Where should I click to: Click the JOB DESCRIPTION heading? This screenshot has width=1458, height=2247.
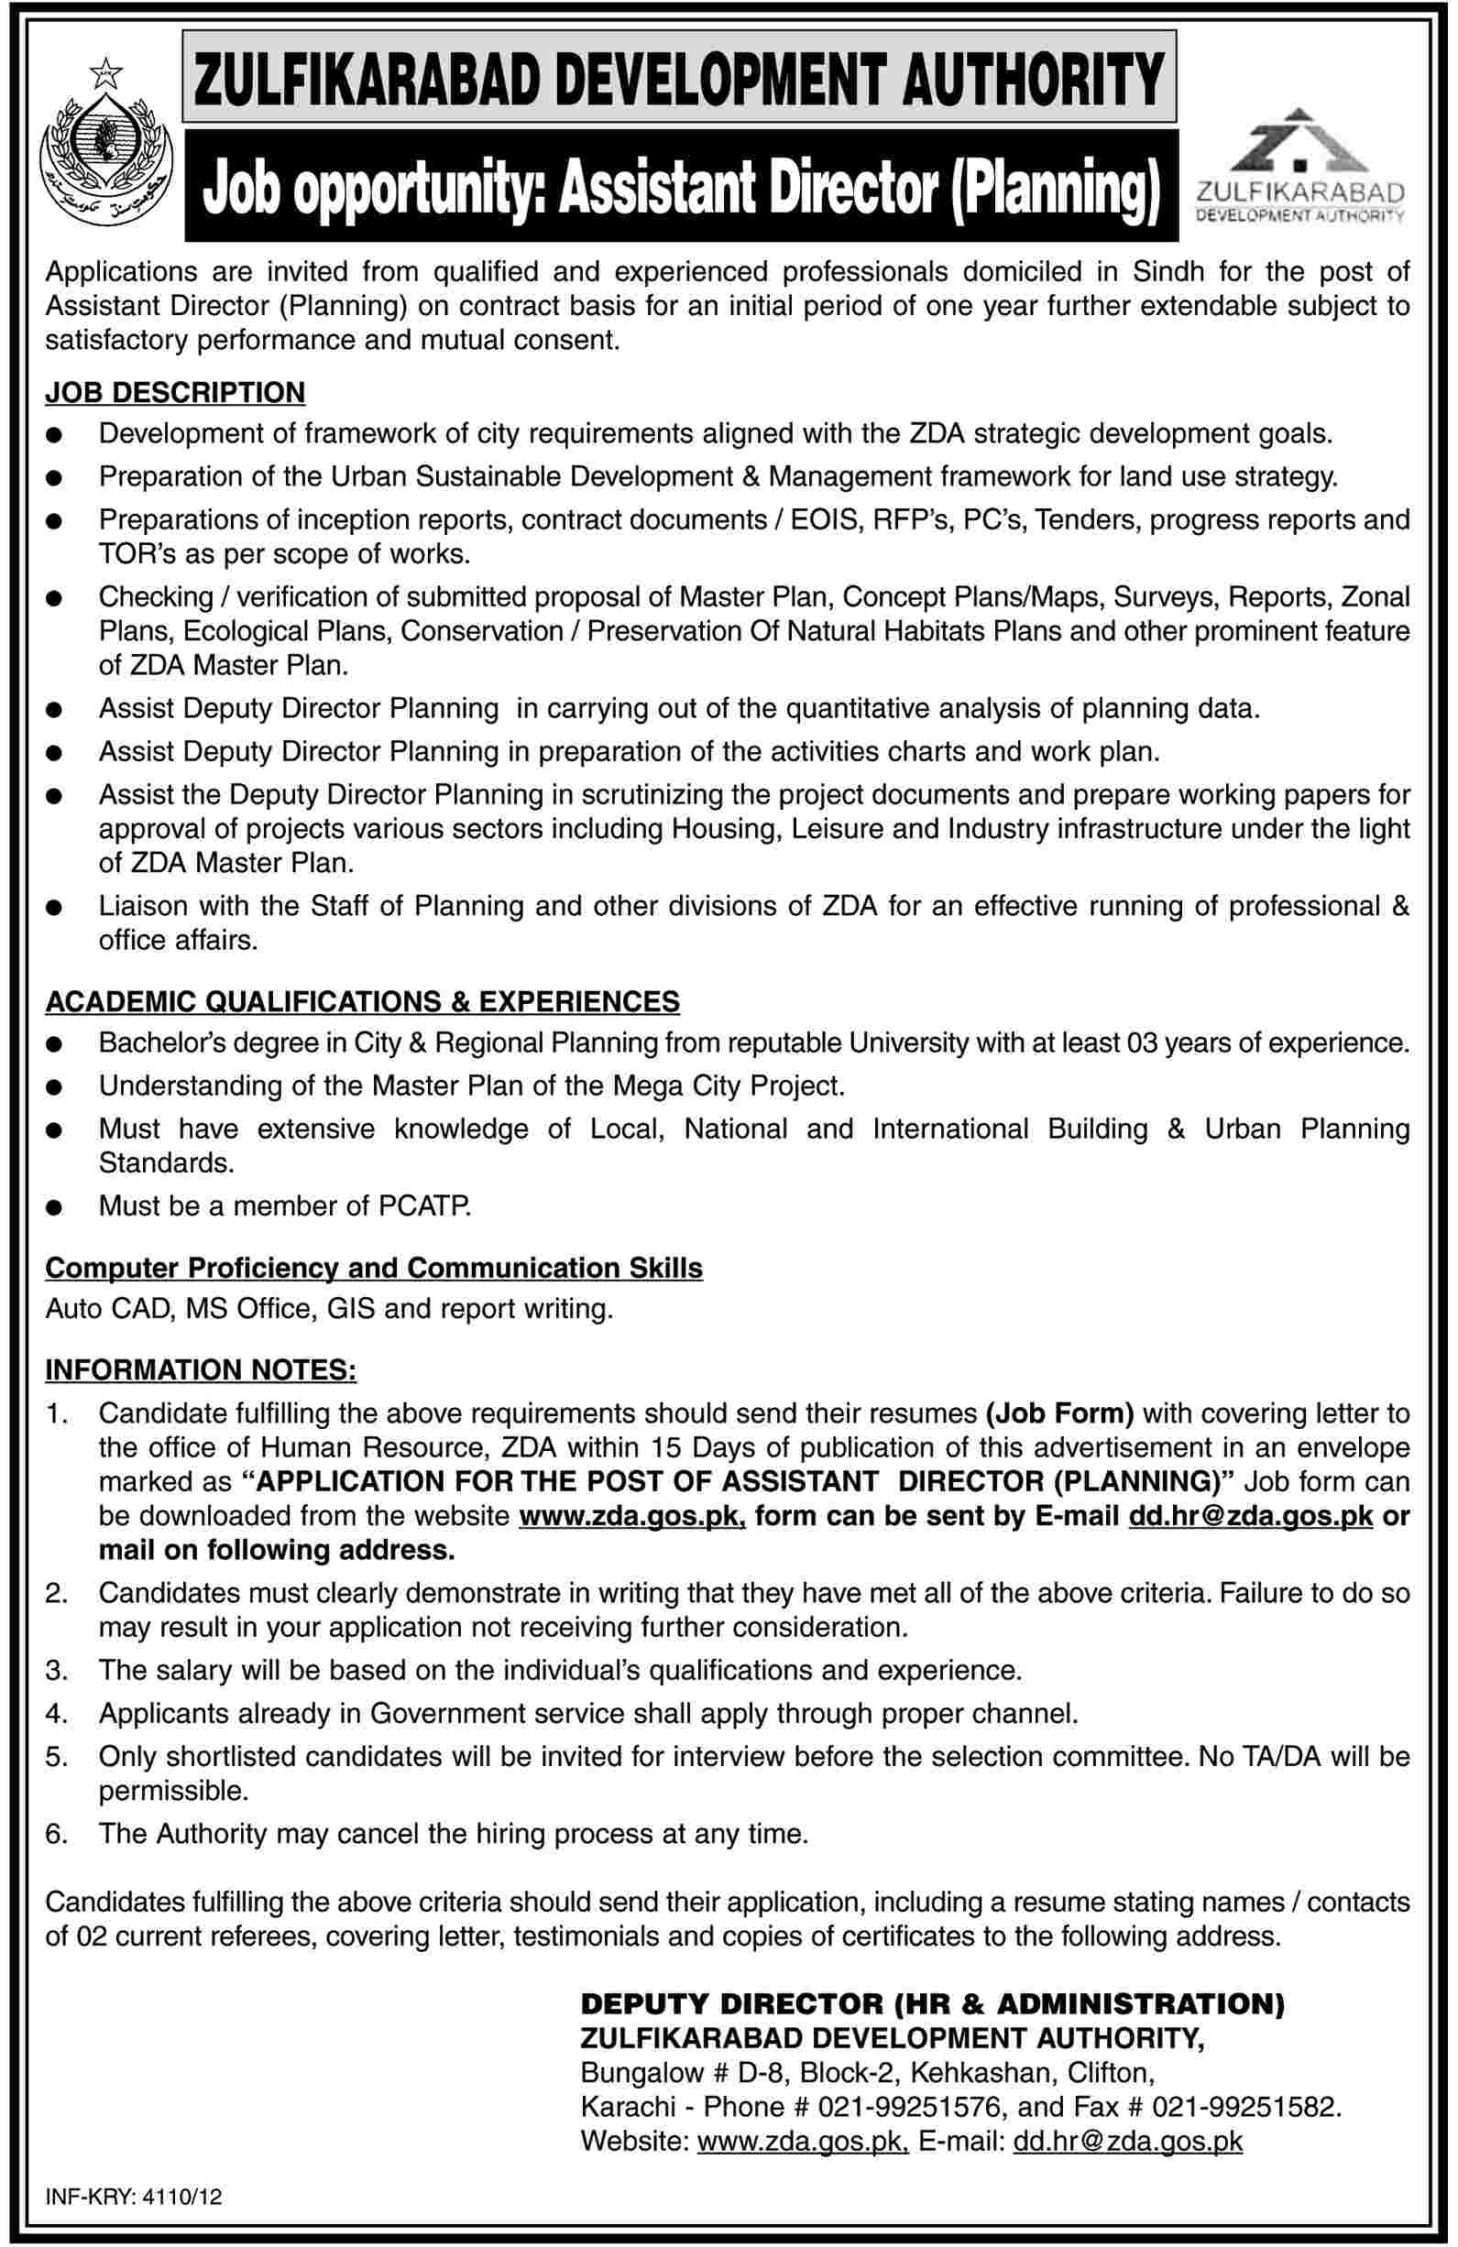[176, 391]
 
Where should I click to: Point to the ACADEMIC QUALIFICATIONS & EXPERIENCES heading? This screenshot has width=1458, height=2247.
[362, 1001]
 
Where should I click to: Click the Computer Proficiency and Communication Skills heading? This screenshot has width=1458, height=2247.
[374, 1268]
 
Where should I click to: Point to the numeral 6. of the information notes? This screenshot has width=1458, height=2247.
[56, 1835]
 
